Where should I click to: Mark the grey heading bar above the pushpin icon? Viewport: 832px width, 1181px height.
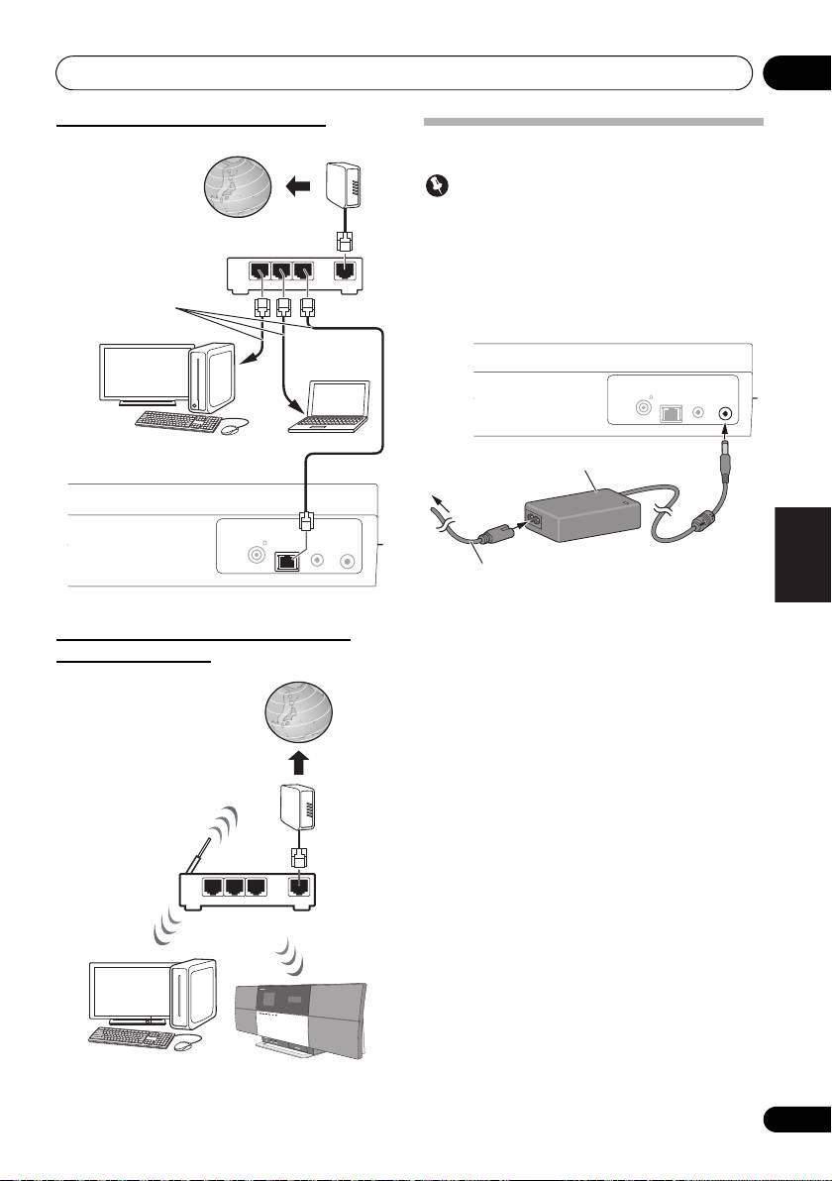point(593,123)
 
